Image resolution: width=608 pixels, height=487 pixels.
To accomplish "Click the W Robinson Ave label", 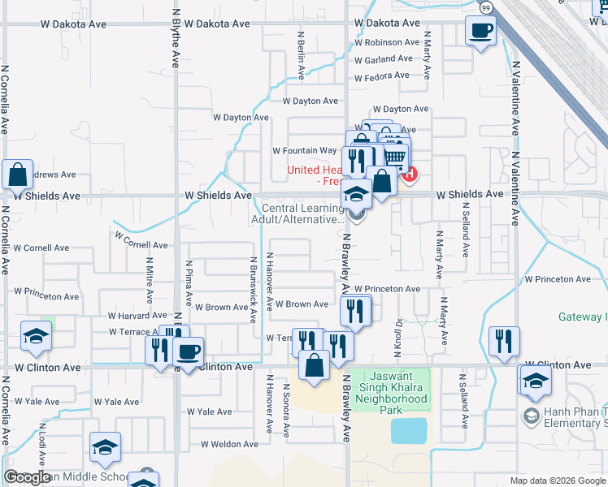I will point(387,42).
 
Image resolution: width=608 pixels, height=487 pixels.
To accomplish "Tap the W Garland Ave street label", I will point(384,59).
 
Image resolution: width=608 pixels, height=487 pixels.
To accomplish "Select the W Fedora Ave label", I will point(382,75).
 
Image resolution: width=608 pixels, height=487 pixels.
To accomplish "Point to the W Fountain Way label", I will point(304,151).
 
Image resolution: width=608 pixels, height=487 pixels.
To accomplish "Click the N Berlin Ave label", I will point(301,55).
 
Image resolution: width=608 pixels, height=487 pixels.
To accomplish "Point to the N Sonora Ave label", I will point(285,411).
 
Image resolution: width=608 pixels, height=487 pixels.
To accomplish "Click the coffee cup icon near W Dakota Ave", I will point(480,32).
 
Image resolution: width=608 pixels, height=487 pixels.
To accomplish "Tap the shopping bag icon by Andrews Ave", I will point(17,175).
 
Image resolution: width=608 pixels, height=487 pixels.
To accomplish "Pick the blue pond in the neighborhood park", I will point(408,430).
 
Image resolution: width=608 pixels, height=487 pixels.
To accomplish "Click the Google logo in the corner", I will point(27,477).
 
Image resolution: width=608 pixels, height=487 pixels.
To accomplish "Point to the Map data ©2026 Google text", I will point(558,481).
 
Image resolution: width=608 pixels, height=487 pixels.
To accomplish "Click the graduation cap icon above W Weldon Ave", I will point(105,447).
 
